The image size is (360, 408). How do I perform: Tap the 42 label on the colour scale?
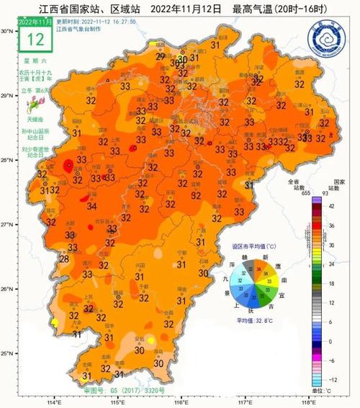coord(331,205)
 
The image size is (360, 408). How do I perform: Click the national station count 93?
coord(333,193)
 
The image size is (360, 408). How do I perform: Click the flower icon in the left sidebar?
coord(32,106)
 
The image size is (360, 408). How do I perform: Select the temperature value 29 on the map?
coord(160,56)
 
